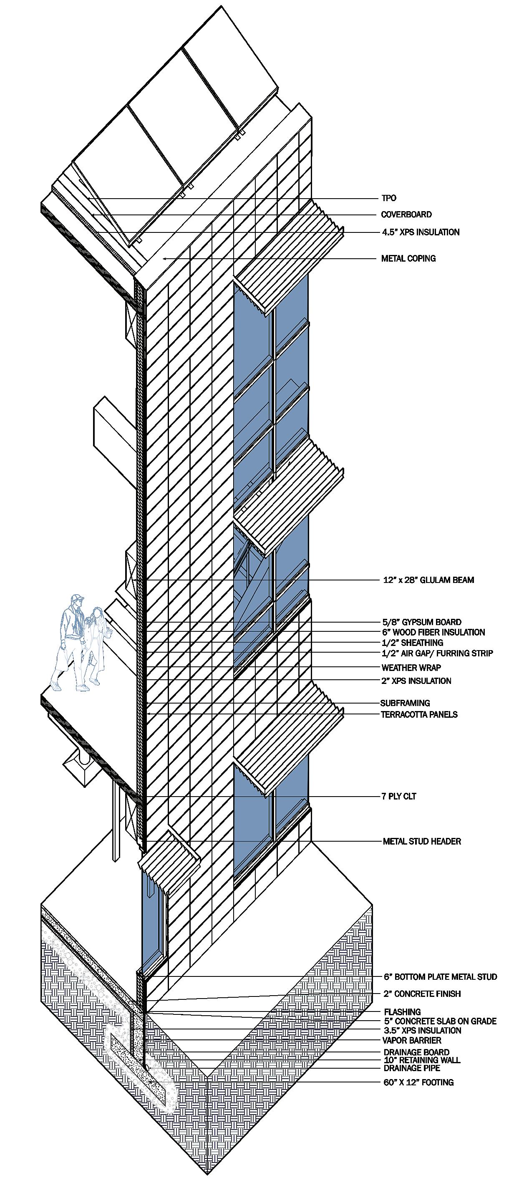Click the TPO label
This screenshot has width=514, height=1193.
388,198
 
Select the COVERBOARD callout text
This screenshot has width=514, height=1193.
406,214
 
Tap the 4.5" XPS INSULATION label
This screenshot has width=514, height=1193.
421,232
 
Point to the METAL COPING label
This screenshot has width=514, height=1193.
408,258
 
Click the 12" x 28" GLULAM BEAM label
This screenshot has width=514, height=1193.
428,580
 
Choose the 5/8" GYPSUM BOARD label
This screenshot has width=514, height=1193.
421,622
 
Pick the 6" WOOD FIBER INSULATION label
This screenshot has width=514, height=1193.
433,632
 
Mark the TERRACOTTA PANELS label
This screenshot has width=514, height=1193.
419,714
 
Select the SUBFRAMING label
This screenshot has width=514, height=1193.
405,703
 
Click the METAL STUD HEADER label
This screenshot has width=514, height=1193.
422,841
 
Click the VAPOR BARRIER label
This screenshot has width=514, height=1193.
412,1040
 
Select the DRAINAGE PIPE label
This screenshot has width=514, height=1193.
412,1068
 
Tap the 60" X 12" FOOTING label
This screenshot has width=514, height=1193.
418,1082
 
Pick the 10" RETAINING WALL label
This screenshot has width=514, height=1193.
422,1059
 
